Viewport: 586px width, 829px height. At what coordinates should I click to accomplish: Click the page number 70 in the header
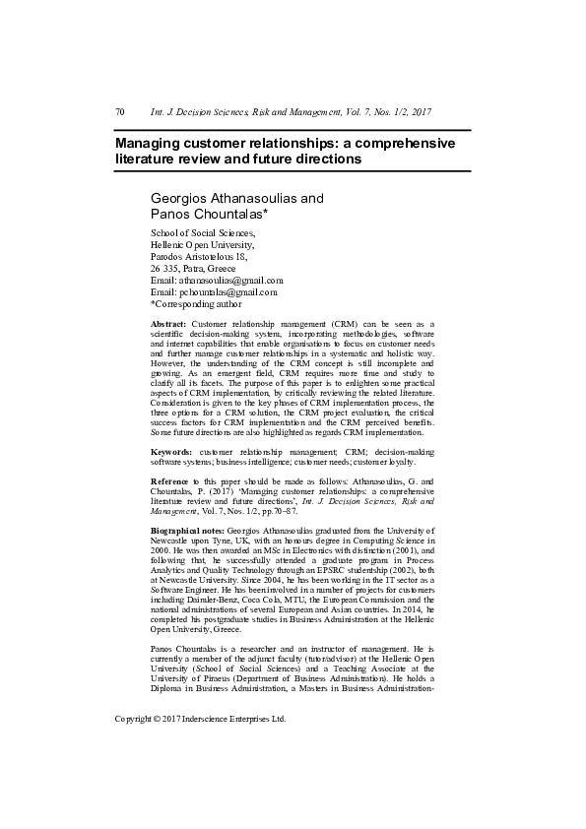pyautogui.click(x=120, y=112)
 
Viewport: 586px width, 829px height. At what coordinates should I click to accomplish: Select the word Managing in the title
pyautogui.click(x=148, y=143)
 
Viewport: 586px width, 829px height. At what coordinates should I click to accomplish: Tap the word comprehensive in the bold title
pyautogui.click(x=401, y=143)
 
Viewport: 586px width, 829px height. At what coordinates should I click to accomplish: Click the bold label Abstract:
pyautogui.click(x=167, y=323)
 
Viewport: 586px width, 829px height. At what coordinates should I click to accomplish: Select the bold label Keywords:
pyautogui.click(x=171, y=450)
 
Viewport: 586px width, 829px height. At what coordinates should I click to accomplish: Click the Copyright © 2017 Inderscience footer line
pyautogui.click(x=200, y=719)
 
